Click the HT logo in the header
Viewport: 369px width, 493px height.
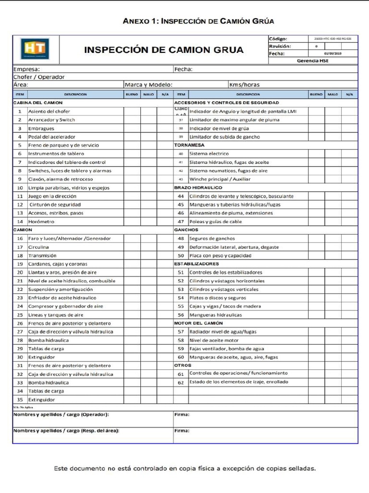coord(35,49)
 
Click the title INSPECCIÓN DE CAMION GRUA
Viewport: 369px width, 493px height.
coord(164,50)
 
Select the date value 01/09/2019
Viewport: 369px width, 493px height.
coord(332,53)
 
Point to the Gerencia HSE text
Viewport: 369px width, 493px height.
coord(313,61)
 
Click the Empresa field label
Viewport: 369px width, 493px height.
coord(27,69)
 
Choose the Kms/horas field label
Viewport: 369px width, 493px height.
coord(244,85)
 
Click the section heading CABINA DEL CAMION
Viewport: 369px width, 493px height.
coord(38,103)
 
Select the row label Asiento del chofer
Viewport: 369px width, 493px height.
coord(49,111)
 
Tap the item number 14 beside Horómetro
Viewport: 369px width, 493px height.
coord(20,221)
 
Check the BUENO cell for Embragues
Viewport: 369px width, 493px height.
coord(132,129)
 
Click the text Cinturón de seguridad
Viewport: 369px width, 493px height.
coord(55,205)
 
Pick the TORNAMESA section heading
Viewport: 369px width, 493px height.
coord(189,145)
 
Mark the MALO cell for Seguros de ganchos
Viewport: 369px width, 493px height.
coord(333,238)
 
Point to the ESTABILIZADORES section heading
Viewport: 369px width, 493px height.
coord(197,264)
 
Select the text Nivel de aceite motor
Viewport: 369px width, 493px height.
coord(214,340)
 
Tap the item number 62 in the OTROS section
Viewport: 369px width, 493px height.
coord(181,383)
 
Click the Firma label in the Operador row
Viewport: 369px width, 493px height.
coord(182,414)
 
